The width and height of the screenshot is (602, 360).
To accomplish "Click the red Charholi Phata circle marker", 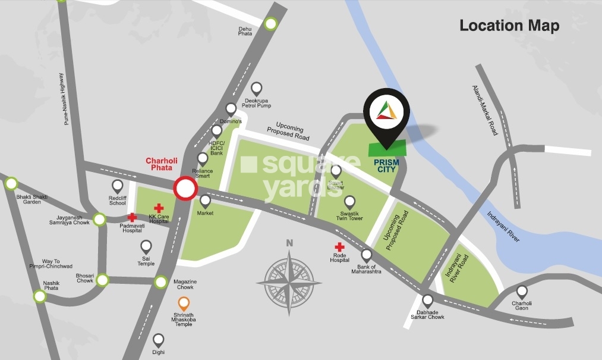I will [185, 189].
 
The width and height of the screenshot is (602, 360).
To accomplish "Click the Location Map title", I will [509, 26].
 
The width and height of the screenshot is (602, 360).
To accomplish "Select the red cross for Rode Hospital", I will [339, 247].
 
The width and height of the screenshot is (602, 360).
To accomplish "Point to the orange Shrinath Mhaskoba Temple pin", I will [184, 303].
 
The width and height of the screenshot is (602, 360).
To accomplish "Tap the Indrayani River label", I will [503, 226].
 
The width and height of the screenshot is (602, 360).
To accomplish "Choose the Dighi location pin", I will [158, 340].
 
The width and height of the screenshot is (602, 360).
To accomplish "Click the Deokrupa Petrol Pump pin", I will [256, 89].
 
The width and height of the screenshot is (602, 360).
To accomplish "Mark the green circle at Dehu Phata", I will [271, 24].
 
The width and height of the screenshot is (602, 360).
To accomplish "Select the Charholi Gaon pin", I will [522, 292].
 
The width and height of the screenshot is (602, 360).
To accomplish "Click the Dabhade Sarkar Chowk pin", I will [427, 300].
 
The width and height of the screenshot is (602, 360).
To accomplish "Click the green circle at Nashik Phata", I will [40, 295].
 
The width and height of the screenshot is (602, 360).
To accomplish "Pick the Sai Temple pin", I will [146, 246].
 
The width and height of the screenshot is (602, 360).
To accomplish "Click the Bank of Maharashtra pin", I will [367, 255].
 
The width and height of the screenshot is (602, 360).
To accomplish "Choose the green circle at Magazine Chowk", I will [161, 282].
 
